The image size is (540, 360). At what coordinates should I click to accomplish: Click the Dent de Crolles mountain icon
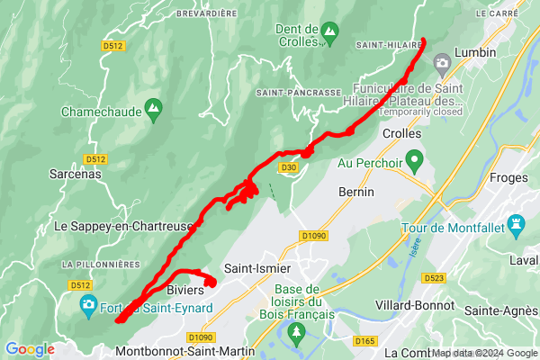click(x=330, y=32)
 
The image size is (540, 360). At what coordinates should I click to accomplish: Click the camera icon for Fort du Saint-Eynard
click(x=88, y=305)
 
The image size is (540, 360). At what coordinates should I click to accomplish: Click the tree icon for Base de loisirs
click(x=297, y=334)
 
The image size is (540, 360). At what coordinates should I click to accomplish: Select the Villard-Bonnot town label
click(x=410, y=305)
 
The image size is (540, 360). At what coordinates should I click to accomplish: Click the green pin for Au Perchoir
click(x=414, y=162)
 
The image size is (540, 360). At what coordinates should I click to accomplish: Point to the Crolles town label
click(x=401, y=133)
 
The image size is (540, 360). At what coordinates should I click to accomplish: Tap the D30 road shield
click(x=288, y=166)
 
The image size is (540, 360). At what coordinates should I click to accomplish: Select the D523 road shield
click(x=434, y=278)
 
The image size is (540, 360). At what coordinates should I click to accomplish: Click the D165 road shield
click(x=364, y=340)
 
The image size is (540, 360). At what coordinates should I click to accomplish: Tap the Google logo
click(x=30, y=349)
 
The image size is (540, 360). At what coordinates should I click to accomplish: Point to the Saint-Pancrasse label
click(x=298, y=93)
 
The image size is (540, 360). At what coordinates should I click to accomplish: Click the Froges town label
click(x=508, y=177)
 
